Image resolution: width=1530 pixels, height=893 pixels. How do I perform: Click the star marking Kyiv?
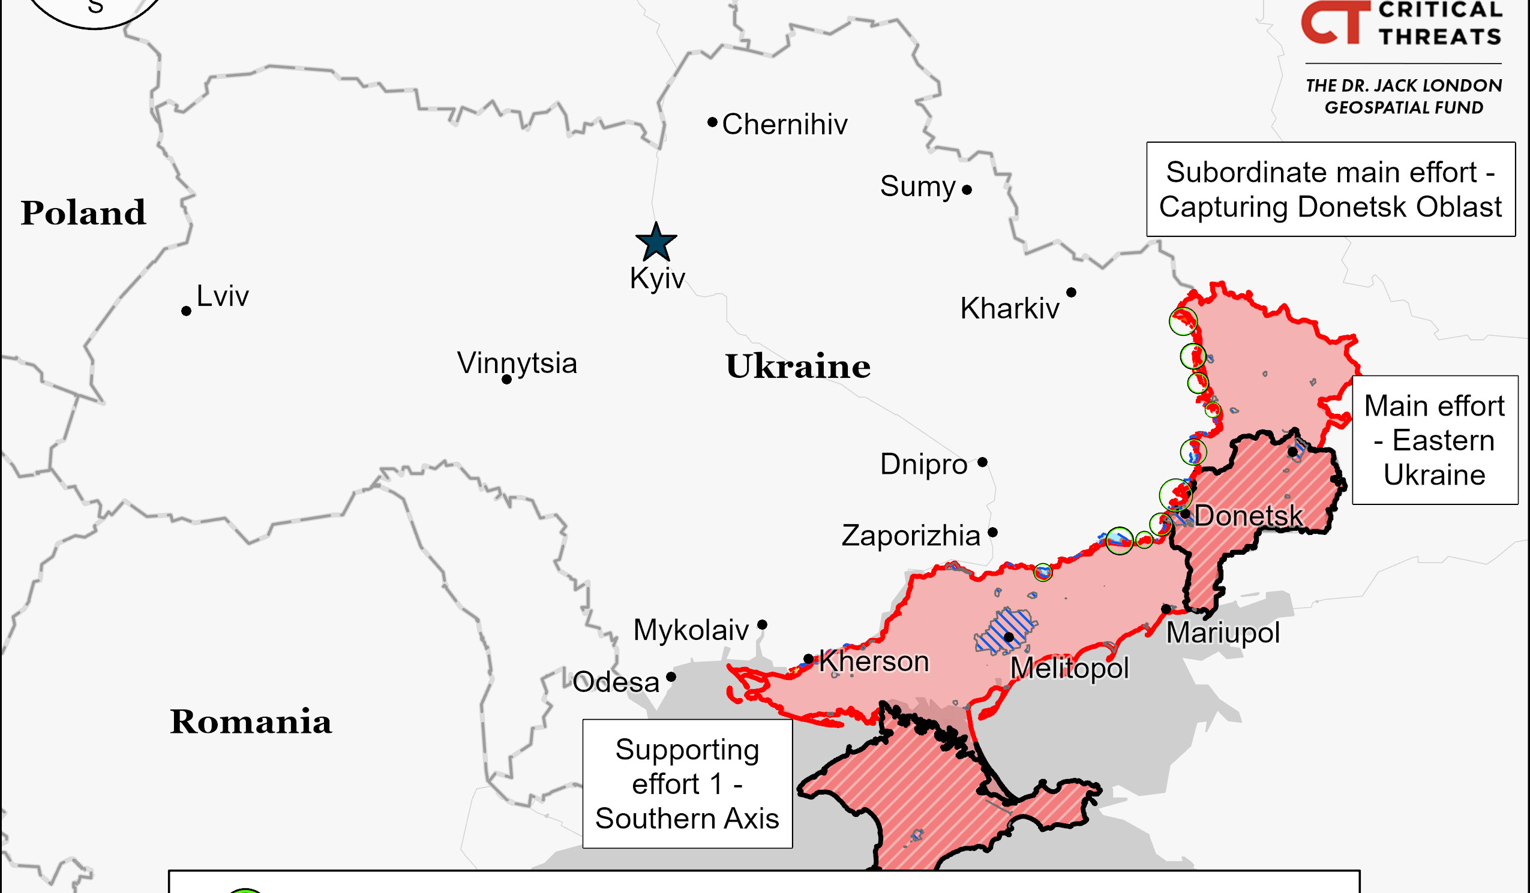click(656, 242)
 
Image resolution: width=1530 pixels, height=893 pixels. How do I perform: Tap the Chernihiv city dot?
click(712, 122)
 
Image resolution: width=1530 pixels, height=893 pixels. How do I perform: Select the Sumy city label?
click(917, 186)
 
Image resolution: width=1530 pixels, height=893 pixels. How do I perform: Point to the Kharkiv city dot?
click(1071, 293)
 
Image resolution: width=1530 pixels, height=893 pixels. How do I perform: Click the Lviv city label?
click(222, 296)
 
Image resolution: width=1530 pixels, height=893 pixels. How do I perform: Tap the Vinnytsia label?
click(517, 363)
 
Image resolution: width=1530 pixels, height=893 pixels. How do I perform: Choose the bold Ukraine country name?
click(798, 366)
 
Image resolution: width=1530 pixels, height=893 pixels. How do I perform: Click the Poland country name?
click(83, 212)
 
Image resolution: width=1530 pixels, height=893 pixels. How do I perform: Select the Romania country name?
click(250, 721)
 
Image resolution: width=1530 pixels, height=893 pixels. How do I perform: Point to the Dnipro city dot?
click(982, 462)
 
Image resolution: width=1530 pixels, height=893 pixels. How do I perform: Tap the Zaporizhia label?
click(911, 536)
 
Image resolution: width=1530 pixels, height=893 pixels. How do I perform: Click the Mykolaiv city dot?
click(762, 625)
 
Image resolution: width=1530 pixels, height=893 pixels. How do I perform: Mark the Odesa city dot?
click(671, 677)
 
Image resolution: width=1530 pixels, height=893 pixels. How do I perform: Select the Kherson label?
click(874, 661)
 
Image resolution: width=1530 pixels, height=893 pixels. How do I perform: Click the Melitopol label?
click(1069, 668)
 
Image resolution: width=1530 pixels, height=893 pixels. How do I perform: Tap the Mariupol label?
click(1223, 633)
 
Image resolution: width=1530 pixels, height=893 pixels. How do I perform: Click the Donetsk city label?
click(1248, 516)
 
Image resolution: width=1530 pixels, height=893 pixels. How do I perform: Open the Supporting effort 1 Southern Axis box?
click(687, 784)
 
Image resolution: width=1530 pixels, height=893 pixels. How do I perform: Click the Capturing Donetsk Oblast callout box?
click(1330, 190)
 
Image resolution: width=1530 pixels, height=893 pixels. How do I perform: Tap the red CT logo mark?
click(1335, 23)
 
